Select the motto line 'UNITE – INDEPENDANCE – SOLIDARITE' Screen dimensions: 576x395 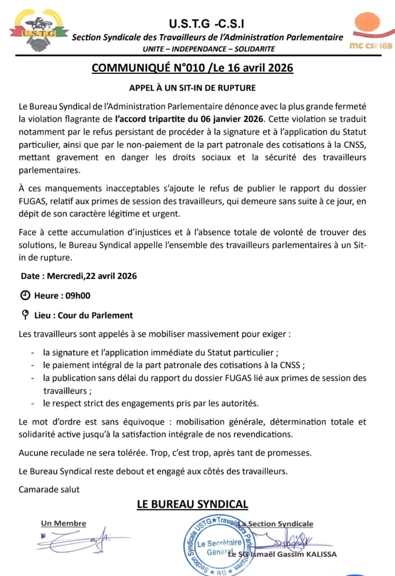pyautogui.click(x=208, y=49)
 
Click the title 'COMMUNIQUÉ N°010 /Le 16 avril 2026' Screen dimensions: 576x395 pyautogui.click(x=192, y=68)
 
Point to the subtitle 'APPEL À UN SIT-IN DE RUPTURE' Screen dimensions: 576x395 pyautogui.click(x=193, y=88)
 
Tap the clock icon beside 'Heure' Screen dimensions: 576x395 pyautogui.click(x=26, y=296)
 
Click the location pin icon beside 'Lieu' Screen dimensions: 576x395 pyautogui.click(x=26, y=315)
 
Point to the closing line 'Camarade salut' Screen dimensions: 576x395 pyautogui.click(x=49, y=489)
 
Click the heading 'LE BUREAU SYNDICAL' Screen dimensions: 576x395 pyautogui.click(x=192, y=504)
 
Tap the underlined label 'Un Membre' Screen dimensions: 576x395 pyautogui.click(x=64, y=523)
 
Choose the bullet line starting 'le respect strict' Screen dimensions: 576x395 pyautogui.click(x=151, y=403)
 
